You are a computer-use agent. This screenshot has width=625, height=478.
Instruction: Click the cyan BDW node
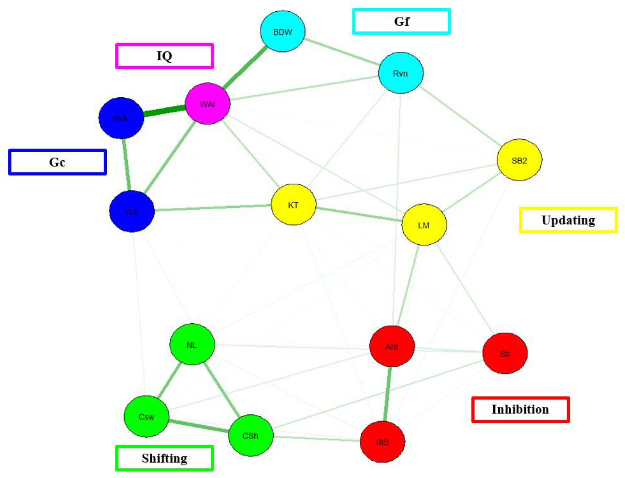(x=283, y=31)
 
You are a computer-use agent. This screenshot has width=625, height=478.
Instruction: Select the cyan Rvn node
(x=401, y=73)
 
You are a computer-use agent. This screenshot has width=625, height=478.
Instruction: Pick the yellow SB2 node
(x=519, y=160)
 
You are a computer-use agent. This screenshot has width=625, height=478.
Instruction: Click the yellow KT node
(x=293, y=205)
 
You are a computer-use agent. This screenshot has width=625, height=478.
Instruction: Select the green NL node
(x=192, y=344)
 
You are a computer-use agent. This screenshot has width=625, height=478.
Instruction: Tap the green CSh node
(x=251, y=435)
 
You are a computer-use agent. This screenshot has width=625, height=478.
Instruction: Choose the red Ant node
(x=392, y=346)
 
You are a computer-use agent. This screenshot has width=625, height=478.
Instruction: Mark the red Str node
(x=505, y=353)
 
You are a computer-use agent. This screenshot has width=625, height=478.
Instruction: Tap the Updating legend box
(x=568, y=220)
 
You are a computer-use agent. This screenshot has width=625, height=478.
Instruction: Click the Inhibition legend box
(x=520, y=409)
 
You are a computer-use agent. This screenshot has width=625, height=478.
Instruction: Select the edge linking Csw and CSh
(x=199, y=426)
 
